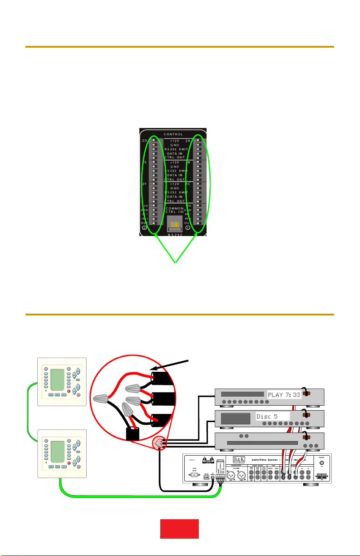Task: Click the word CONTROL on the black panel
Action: (x=173, y=134)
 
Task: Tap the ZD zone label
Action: (x=144, y=141)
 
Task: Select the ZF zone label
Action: (x=144, y=184)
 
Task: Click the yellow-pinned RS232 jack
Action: (x=173, y=223)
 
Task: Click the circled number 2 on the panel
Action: (x=145, y=228)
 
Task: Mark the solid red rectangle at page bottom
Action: (x=180, y=529)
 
